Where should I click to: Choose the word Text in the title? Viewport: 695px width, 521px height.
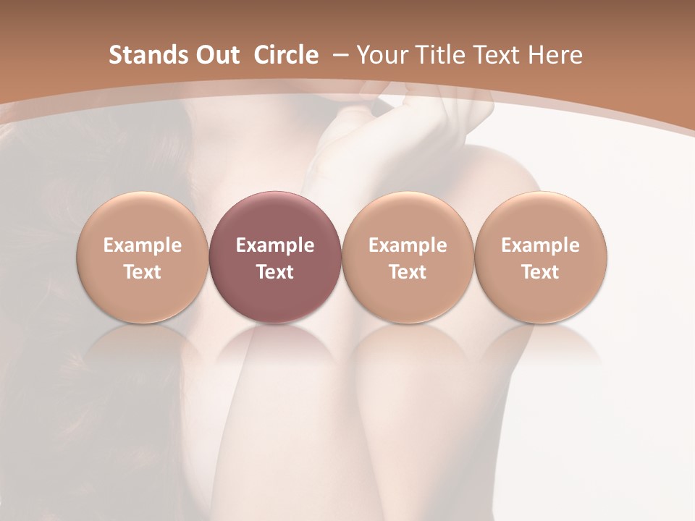500,55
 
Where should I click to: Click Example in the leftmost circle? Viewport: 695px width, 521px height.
143,245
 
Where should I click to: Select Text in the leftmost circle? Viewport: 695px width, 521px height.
143,272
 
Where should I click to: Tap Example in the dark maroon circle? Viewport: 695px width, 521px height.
275,245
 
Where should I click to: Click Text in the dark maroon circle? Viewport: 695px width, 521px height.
275,272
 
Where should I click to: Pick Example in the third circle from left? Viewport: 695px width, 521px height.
408,245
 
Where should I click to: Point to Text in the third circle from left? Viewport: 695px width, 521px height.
408,272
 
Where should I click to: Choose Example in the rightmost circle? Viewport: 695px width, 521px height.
541,245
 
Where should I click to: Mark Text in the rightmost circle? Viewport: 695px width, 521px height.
541,272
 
